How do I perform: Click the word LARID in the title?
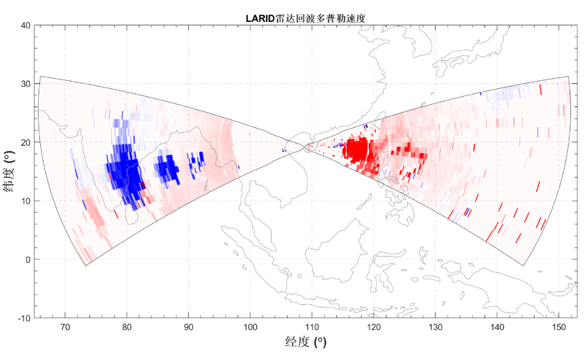260,18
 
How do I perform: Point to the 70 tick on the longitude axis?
65,326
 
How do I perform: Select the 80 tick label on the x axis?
127,326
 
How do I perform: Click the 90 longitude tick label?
189,326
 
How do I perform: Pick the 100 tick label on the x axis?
250,326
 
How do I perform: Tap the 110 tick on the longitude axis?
312,326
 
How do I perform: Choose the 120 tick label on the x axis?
374,326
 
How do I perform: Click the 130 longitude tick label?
435,326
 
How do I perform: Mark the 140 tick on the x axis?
497,326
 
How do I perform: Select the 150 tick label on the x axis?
559,326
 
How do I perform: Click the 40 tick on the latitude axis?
26,25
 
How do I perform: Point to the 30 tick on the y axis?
26,83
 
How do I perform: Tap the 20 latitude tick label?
26,142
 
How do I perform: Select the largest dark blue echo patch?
126,171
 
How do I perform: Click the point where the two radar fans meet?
304,146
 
